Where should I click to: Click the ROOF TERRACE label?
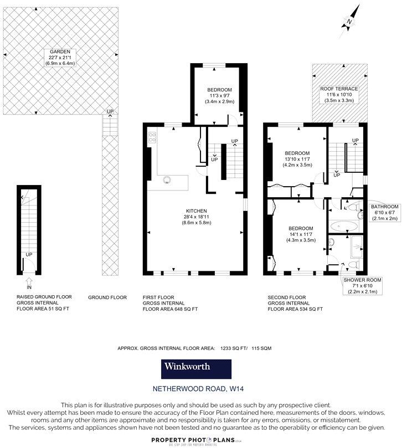[339, 89]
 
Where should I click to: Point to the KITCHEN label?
[197, 211]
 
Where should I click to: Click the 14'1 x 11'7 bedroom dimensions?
[301, 234]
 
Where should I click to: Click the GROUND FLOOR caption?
[107, 297]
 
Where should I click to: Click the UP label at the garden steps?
[110, 112]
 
